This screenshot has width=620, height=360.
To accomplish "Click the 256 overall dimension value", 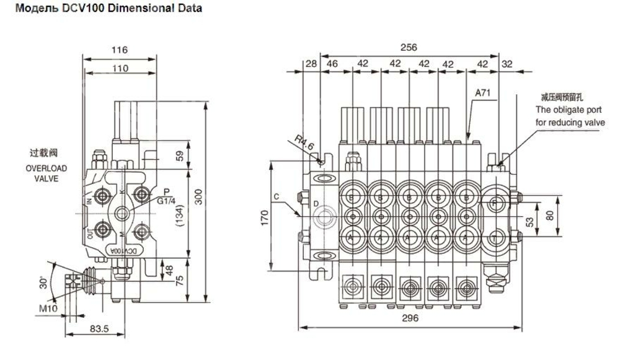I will (x=409, y=47).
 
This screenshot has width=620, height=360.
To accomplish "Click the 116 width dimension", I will (x=120, y=50).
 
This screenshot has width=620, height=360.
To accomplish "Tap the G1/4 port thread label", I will (x=166, y=201).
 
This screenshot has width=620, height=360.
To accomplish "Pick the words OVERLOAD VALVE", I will (x=46, y=173).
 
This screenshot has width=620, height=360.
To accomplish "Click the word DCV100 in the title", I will (x=81, y=9).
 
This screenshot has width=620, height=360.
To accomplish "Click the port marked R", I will (x=494, y=203).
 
